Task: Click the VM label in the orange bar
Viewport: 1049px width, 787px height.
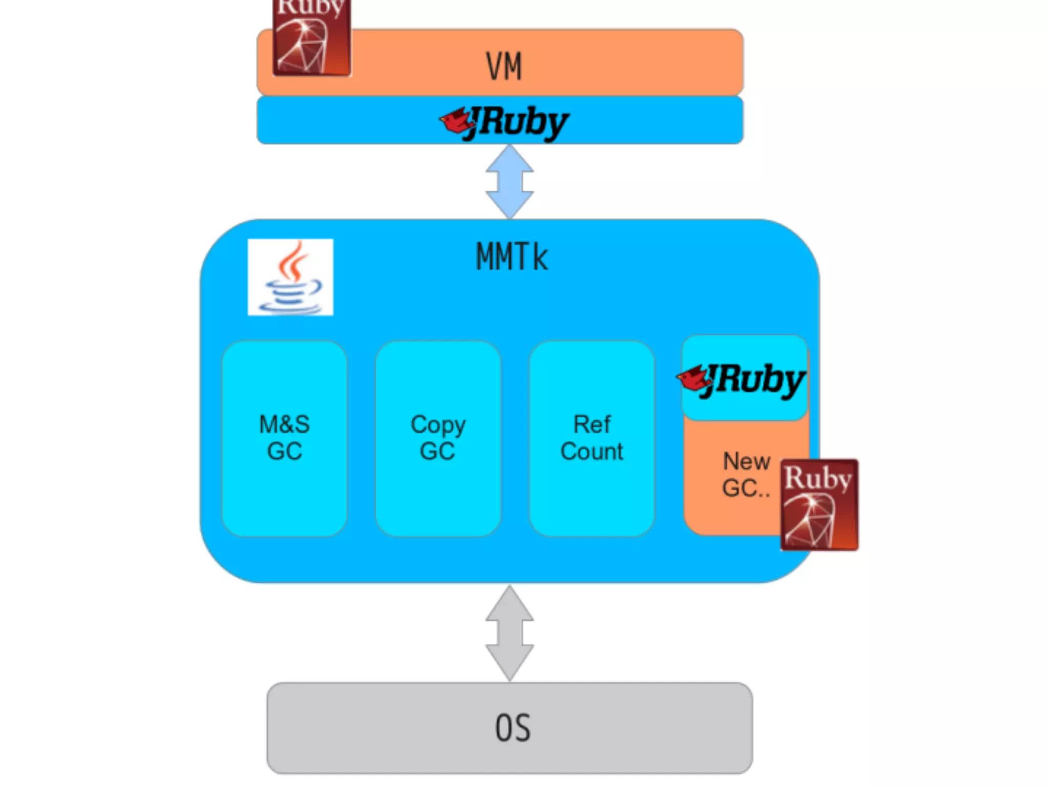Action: [x=504, y=67]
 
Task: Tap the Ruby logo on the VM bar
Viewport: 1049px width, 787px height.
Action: [x=311, y=38]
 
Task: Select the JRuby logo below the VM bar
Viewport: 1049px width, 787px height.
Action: [x=505, y=123]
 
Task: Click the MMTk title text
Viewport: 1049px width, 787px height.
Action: [x=512, y=257]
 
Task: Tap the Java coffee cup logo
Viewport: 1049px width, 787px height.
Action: [x=290, y=277]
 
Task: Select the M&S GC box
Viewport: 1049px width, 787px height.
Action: [x=285, y=439]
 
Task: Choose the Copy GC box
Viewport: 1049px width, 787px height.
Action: [x=438, y=439]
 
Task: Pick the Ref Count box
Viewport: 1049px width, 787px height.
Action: [x=592, y=439]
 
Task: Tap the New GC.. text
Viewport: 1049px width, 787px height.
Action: [x=746, y=475]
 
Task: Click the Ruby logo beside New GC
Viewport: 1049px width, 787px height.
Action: [x=819, y=505]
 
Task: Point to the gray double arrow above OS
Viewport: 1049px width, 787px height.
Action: [x=510, y=633]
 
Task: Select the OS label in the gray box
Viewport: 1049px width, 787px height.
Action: [x=513, y=728]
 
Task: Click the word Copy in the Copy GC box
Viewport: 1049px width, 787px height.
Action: [x=438, y=425]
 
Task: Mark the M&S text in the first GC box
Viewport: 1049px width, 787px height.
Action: [x=285, y=425]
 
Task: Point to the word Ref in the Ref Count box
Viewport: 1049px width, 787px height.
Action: [x=592, y=425]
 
